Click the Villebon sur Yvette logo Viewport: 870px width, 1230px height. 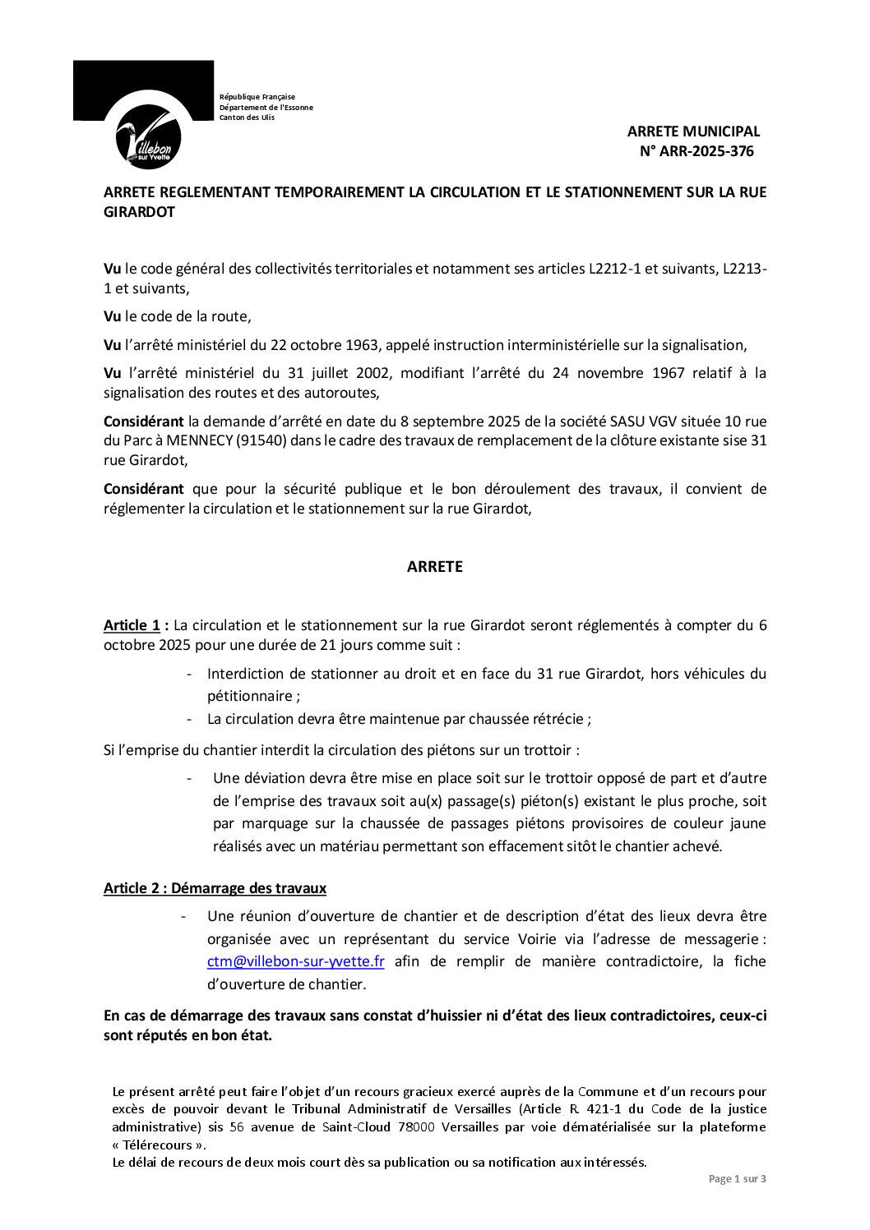point(150,137)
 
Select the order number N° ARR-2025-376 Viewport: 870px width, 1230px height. point(696,151)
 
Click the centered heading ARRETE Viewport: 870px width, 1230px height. point(435,567)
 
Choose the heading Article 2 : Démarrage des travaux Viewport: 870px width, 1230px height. point(215,888)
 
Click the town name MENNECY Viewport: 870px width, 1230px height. point(200,440)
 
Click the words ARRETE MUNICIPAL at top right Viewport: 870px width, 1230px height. point(693,131)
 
